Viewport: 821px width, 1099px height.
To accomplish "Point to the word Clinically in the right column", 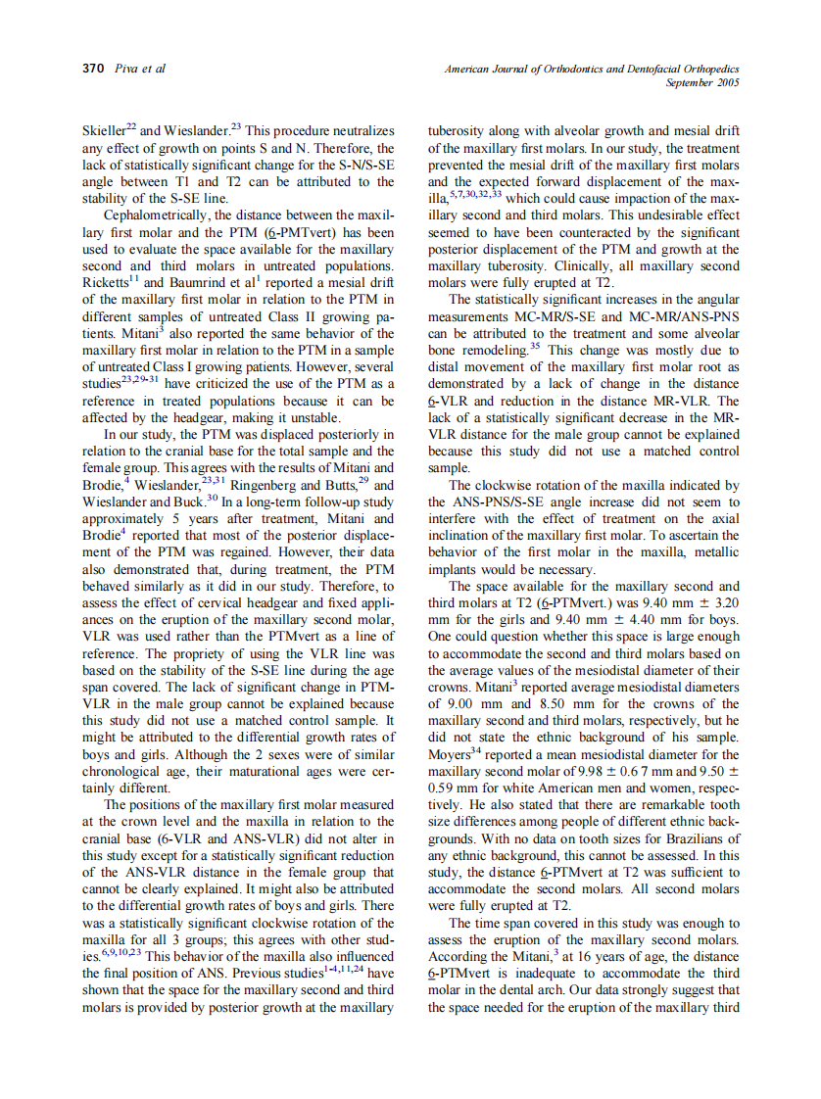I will [x=561, y=265].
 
